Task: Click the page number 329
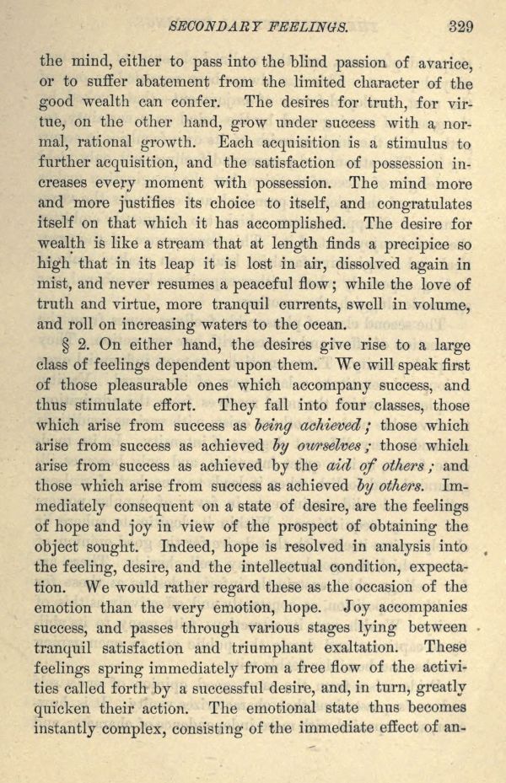point(460,26)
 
